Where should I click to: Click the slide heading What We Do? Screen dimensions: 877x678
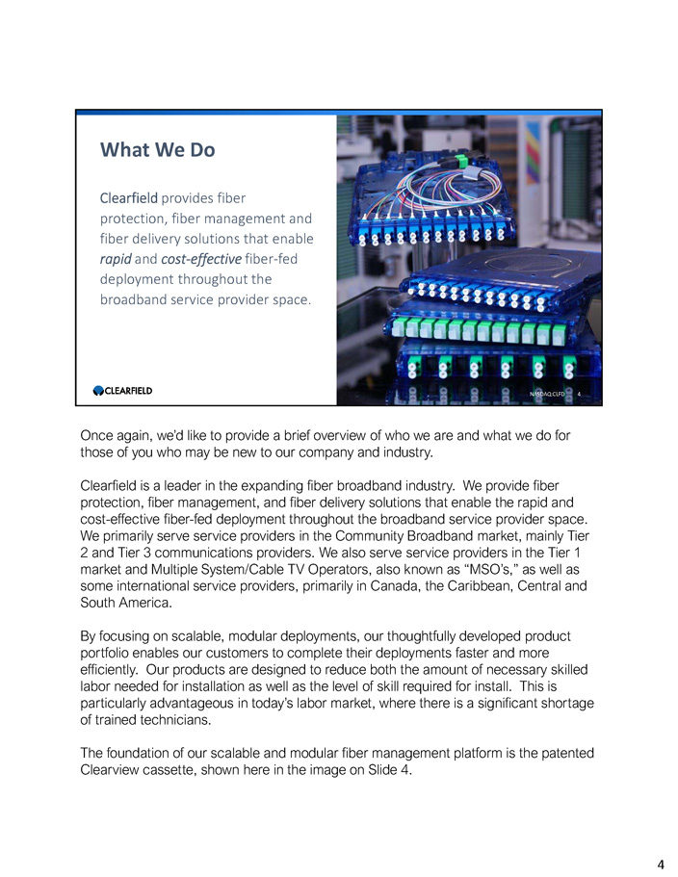pos(158,151)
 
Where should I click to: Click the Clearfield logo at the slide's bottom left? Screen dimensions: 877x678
pos(122,391)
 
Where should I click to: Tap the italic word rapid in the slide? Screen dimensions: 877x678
pos(117,259)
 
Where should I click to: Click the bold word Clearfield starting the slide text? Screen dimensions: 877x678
pos(129,197)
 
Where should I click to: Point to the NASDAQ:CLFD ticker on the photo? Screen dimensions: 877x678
pos(546,393)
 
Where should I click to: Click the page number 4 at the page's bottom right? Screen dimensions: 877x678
pos(661,864)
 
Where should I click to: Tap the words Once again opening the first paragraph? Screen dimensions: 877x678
pos(117,435)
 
